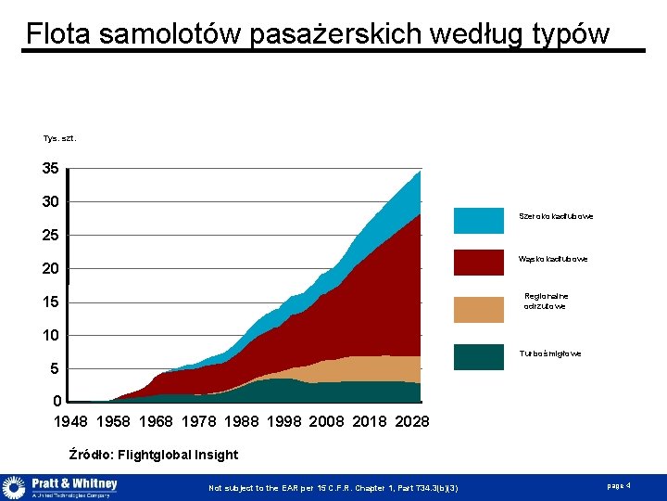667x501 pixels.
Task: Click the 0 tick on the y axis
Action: coord(57,402)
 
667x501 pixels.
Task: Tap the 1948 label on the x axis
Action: coord(71,422)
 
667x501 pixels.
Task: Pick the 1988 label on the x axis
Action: coord(242,422)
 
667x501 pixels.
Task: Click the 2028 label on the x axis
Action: coord(412,422)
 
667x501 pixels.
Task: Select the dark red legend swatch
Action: coord(479,258)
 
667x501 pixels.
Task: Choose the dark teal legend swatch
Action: coord(479,353)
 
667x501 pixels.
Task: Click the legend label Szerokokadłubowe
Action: coord(556,216)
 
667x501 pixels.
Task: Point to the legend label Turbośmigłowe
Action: coord(551,353)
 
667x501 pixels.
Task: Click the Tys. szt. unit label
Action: coord(60,138)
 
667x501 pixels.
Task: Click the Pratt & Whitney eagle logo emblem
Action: coord(14,488)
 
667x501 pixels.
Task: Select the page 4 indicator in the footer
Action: coord(619,486)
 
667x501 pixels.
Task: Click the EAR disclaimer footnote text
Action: coord(333,488)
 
